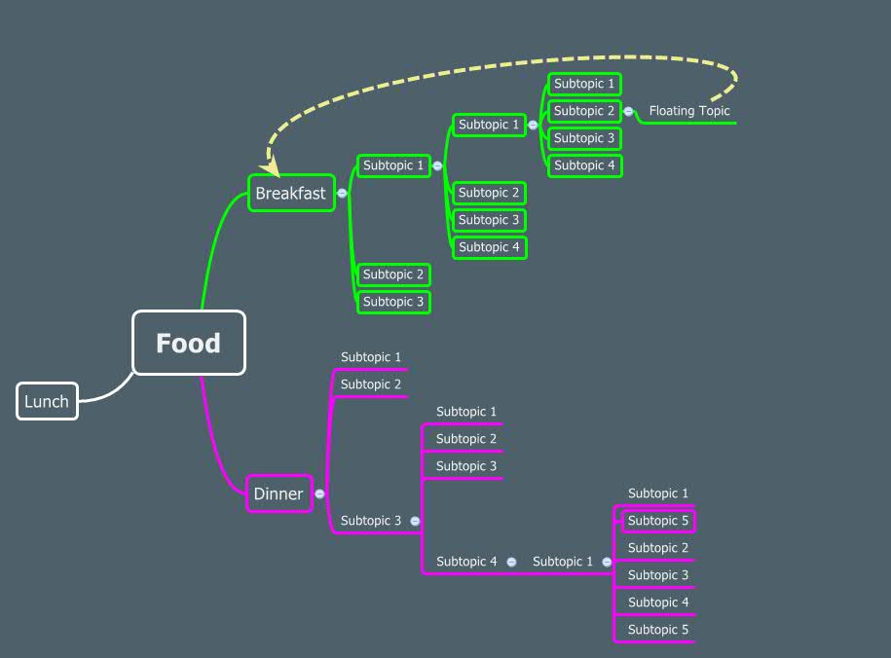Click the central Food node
(x=188, y=343)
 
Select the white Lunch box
(x=47, y=401)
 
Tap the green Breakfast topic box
(x=291, y=193)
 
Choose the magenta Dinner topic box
(x=278, y=493)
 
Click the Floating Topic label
(x=689, y=111)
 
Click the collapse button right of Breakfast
(x=342, y=193)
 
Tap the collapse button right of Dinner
(x=319, y=493)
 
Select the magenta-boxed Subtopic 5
(x=658, y=521)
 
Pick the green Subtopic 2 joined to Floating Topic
(x=584, y=111)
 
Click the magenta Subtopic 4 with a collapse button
(x=466, y=562)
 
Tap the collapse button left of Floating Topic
(x=629, y=111)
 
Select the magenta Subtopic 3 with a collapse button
(x=371, y=521)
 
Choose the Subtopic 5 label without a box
(x=658, y=630)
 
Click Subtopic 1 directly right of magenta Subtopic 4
(x=563, y=562)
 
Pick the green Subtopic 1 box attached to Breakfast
(x=393, y=165)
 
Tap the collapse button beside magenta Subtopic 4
(x=511, y=562)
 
